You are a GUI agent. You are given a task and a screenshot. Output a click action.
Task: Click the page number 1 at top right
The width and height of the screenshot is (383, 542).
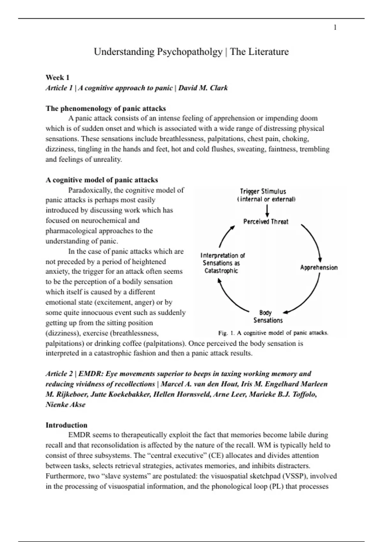pyautogui.click(x=335, y=28)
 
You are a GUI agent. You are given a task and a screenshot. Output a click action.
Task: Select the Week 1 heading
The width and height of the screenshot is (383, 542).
pyautogui.click(x=57, y=77)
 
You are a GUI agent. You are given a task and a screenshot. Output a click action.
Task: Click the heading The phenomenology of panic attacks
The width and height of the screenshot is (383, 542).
pyautogui.click(x=106, y=108)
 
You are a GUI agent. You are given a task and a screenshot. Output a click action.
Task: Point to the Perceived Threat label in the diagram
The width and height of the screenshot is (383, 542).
pyautogui.click(x=266, y=222)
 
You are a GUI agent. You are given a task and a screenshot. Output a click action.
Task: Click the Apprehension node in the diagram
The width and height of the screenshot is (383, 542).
pyautogui.click(x=319, y=267)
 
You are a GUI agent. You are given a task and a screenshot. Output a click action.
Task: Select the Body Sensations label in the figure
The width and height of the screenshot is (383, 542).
pyautogui.click(x=268, y=317)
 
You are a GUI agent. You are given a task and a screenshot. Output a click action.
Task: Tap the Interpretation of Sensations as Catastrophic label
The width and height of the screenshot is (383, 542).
pyautogui.click(x=222, y=263)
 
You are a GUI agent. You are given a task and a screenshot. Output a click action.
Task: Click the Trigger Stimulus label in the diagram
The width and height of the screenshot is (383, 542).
pyautogui.click(x=263, y=192)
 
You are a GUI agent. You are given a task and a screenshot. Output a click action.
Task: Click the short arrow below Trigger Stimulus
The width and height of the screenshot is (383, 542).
pyautogui.click(x=267, y=210)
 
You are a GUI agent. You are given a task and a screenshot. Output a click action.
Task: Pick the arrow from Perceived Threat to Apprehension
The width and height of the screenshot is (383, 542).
pyautogui.click(x=313, y=241)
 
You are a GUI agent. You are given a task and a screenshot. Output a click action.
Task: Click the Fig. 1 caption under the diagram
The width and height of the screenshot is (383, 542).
pyautogui.click(x=273, y=333)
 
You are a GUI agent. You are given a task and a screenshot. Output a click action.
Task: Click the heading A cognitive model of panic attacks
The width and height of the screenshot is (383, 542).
pyautogui.click(x=102, y=180)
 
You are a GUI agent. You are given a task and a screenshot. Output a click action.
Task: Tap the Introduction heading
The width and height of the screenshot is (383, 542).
pyautogui.click(x=66, y=425)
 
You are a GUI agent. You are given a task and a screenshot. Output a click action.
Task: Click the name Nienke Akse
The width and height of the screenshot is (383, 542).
pyautogui.click(x=65, y=405)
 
